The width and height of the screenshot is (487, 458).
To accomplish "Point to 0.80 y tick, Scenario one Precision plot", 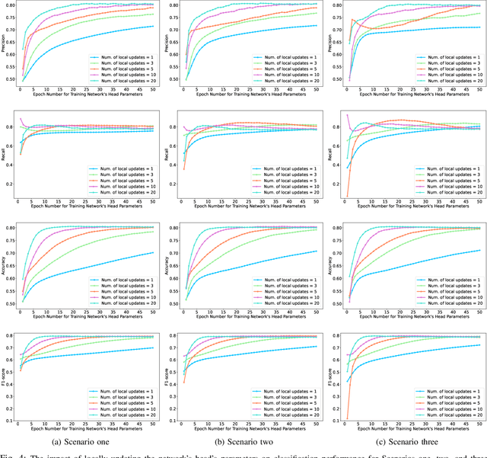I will point(13,5).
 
